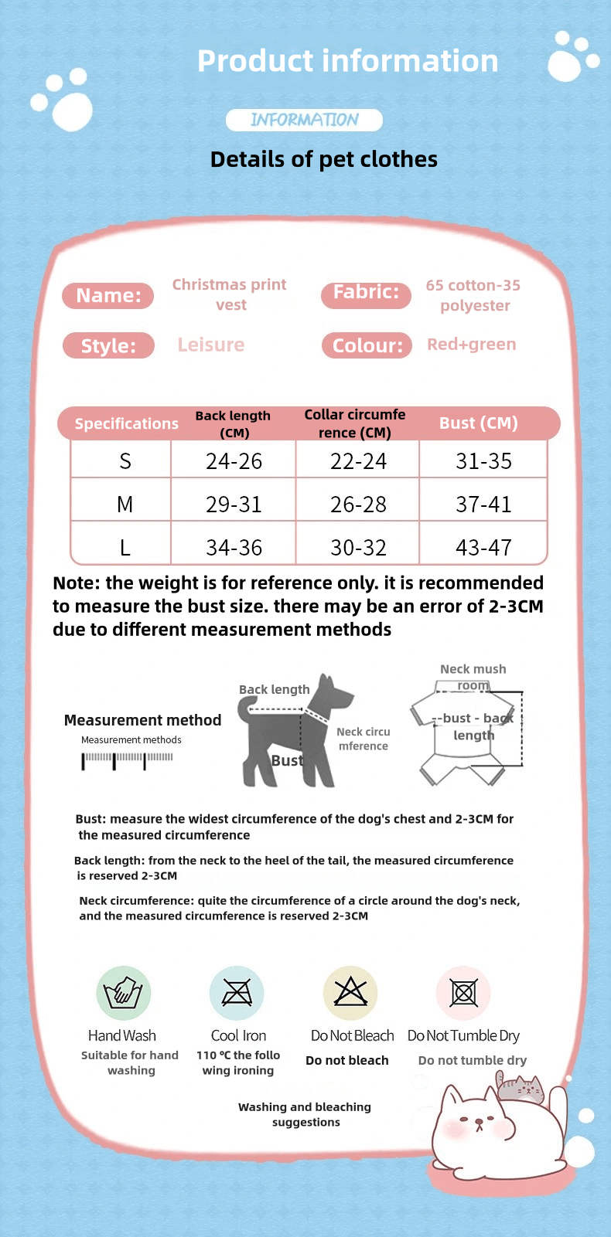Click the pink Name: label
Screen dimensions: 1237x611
[108, 296]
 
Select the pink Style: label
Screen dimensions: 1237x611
[108, 346]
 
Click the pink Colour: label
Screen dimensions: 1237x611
[367, 345]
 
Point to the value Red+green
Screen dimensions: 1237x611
[471, 345]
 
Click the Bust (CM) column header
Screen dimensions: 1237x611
[478, 423]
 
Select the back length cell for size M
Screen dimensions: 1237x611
[234, 505]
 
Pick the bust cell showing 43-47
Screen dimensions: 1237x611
[483, 548]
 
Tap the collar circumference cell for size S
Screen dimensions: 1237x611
[358, 461]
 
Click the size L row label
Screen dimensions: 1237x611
[125, 548]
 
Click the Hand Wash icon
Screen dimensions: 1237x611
[123, 993]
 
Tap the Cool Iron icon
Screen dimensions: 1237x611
[237, 993]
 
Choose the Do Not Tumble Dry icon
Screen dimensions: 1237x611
[463, 993]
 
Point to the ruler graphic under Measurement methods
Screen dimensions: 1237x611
[128, 760]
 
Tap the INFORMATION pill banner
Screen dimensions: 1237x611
[304, 120]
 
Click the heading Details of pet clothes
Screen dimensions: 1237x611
[323, 159]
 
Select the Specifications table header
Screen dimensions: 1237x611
[126, 423]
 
